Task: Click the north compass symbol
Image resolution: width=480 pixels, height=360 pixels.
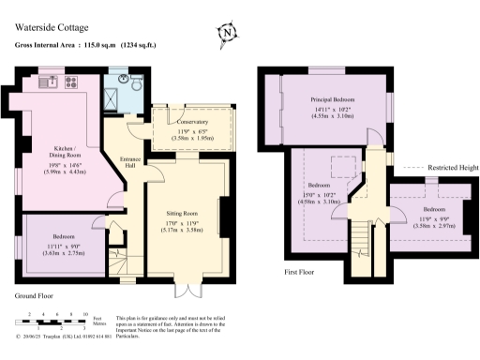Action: point(227,36)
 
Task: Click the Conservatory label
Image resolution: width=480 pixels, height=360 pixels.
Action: point(192,121)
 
